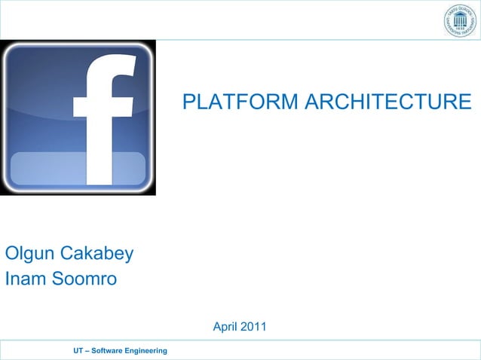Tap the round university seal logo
point(459,23)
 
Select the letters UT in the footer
point(78,352)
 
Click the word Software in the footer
point(111,352)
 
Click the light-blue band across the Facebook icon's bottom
point(78,169)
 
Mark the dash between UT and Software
point(87,352)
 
